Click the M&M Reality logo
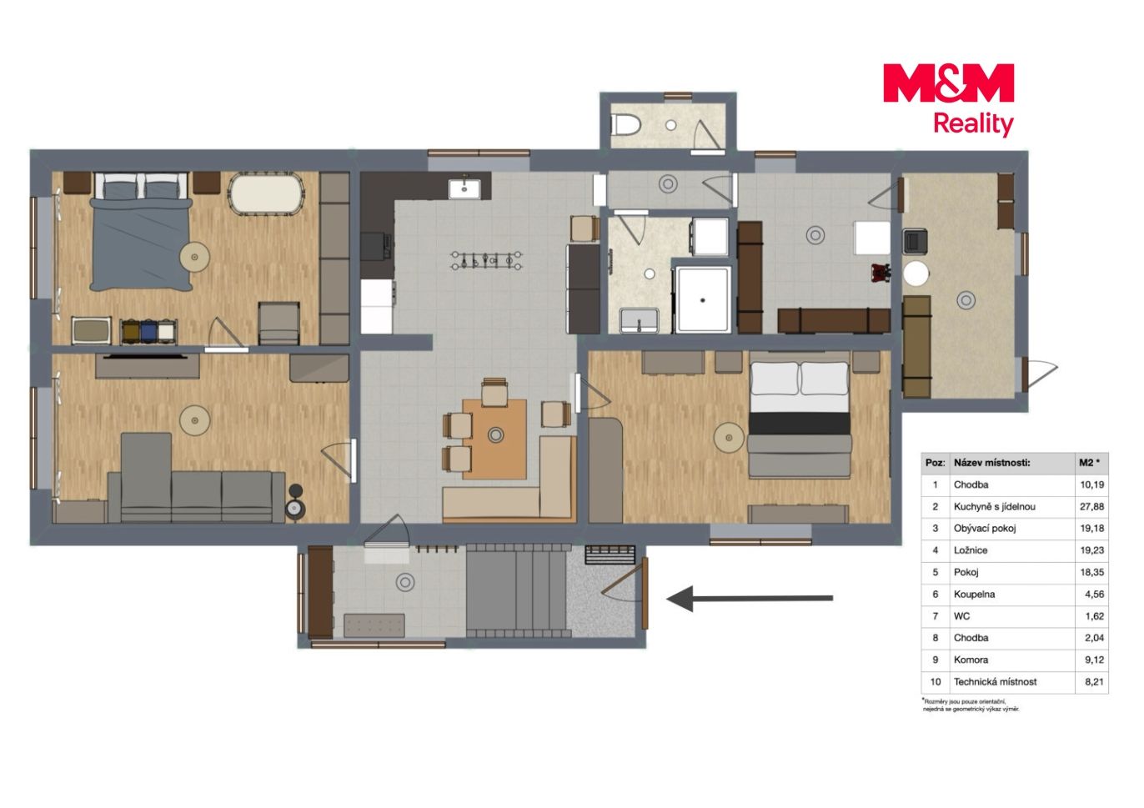click(948, 99)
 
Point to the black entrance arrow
click(750, 599)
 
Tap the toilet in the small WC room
click(625, 124)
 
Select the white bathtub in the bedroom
click(265, 194)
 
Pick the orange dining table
click(494, 439)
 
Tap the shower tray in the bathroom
click(702, 299)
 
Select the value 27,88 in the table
click(1092, 507)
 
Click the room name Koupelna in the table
click(974, 594)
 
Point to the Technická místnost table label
click(995, 681)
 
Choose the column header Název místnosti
click(991, 463)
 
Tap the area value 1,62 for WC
click(1095, 616)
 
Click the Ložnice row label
click(971, 550)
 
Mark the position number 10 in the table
click(935, 681)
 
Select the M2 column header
click(1089, 463)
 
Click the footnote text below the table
click(971, 705)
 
